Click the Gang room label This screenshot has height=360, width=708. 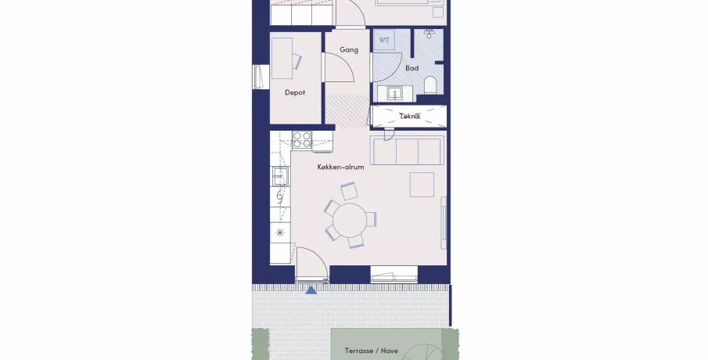(349, 49)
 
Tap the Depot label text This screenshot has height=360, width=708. (295, 92)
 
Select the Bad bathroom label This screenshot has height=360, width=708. (412, 68)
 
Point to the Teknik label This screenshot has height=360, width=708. (410, 116)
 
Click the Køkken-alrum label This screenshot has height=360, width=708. (340, 167)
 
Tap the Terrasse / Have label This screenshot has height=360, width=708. (371, 351)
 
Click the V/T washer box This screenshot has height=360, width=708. (384, 40)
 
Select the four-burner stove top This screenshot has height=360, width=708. (302, 139)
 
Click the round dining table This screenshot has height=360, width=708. (350, 219)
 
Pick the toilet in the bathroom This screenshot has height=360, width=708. (430, 85)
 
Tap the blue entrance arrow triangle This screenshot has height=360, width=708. (311, 290)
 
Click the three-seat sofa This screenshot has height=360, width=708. (405, 150)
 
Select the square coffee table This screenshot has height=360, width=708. (422, 185)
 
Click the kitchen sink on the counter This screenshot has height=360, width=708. (279, 176)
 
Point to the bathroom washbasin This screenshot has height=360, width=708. (395, 94)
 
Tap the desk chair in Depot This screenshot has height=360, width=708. (296, 61)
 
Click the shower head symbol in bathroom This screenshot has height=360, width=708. (429, 34)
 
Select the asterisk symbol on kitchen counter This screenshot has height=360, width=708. (280, 232)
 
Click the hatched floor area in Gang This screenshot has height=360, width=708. (347, 110)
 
